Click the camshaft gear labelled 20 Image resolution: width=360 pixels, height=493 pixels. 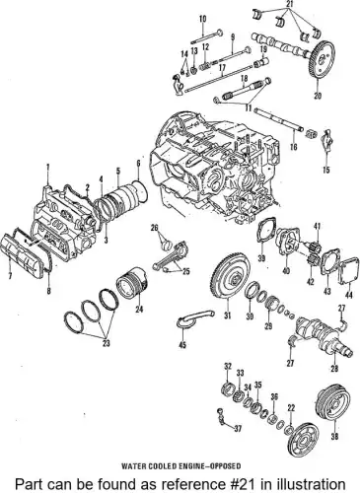click(x=323, y=60)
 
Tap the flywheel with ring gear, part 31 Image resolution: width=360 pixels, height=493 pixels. click(x=230, y=280)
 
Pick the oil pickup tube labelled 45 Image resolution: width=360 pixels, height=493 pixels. click(x=195, y=318)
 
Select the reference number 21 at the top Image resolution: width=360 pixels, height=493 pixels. click(x=289, y=4)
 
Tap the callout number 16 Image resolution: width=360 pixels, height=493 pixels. click(x=294, y=146)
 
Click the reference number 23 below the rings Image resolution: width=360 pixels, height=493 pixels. click(x=106, y=343)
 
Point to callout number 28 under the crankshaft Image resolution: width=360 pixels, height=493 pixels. click(x=334, y=369)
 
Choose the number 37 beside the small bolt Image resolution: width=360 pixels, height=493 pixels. click(x=238, y=429)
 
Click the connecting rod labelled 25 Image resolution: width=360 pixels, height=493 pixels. click(x=171, y=255)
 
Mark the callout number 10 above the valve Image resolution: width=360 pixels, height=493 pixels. click(x=203, y=19)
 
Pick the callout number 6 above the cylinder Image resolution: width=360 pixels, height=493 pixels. click(x=138, y=164)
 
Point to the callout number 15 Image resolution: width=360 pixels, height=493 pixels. click(x=326, y=170)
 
